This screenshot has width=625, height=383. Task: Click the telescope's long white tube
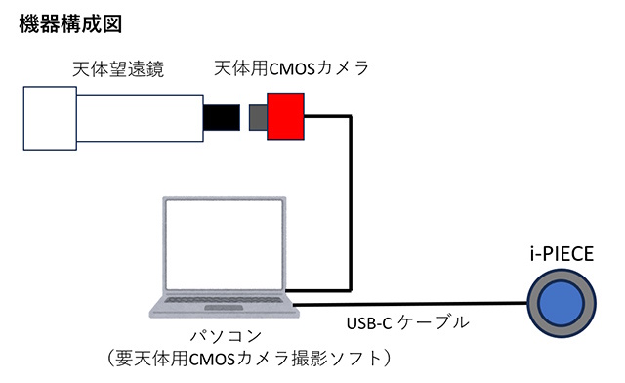coord(138,118)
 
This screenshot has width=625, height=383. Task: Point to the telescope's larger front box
coord(51,118)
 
